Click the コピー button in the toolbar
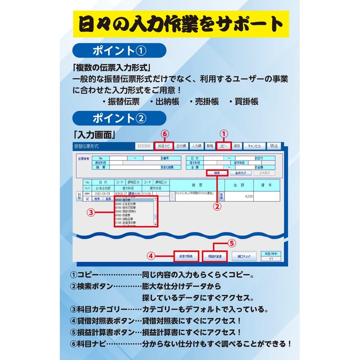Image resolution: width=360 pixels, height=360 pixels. pyautogui.click(x=224, y=146)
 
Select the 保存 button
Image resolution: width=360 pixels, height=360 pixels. pyautogui.click(x=237, y=146)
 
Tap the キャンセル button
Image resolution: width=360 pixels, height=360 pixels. pyautogui.click(x=255, y=146)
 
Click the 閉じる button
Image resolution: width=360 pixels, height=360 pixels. pyautogui.click(x=274, y=146)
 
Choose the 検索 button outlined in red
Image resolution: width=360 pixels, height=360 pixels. pyautogui.click(x=216, y=173)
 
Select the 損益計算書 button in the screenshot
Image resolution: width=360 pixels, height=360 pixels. pyautogui.click(x=214, y=256)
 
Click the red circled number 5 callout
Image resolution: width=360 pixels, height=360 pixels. pyautogui.click(x=231, y=243)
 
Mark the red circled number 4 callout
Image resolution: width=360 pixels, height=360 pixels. pyautogui.click(x=151, y=256)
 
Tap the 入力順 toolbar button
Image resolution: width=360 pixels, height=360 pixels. pyautogui.click(x=196, y=146)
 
